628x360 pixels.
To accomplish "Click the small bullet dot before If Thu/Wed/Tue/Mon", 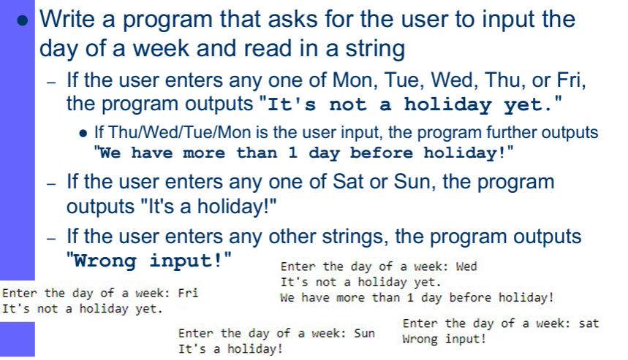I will (x=83, y=134).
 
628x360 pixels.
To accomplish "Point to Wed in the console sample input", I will (x=466, y=267).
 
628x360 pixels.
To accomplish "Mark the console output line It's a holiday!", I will (x=230, y=349).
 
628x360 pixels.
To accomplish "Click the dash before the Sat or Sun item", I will (x=51, y=181).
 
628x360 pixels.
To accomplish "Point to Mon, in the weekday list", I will (x=366, y=78).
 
